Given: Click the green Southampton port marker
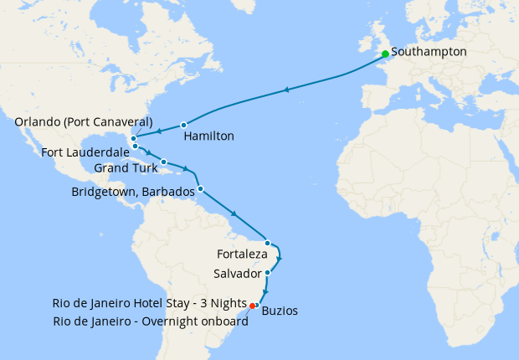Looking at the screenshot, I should pos(385,54).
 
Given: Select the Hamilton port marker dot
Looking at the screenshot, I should pos(183,126).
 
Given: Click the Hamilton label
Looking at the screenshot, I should pos(208,136).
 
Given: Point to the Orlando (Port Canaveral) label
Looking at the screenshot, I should pos(84,122).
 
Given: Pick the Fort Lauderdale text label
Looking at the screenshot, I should pos(83,153).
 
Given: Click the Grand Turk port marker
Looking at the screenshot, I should pos(164,162).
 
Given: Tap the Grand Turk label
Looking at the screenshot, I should pos(126,168).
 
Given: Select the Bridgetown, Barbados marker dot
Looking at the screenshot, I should pos(201,188).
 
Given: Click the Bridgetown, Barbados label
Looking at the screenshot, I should pos(134,192).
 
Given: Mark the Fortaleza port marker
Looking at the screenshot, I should pos(267,243).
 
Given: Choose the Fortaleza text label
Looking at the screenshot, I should pos(242,254).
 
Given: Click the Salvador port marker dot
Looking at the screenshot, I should pos(267,273).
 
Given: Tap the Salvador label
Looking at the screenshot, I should pos(238,275).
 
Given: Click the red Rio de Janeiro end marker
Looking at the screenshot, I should pos(252,306).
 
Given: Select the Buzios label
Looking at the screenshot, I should pos(280,311).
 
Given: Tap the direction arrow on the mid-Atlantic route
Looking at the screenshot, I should pos(287,90).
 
